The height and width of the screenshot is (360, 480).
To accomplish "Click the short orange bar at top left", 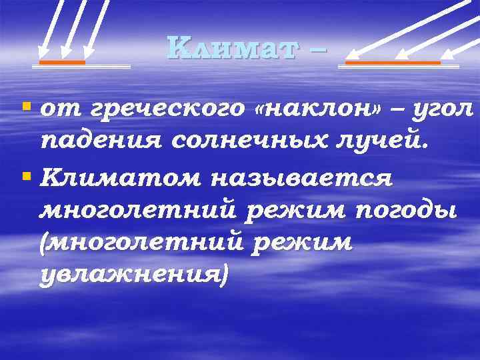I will point(62,62).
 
